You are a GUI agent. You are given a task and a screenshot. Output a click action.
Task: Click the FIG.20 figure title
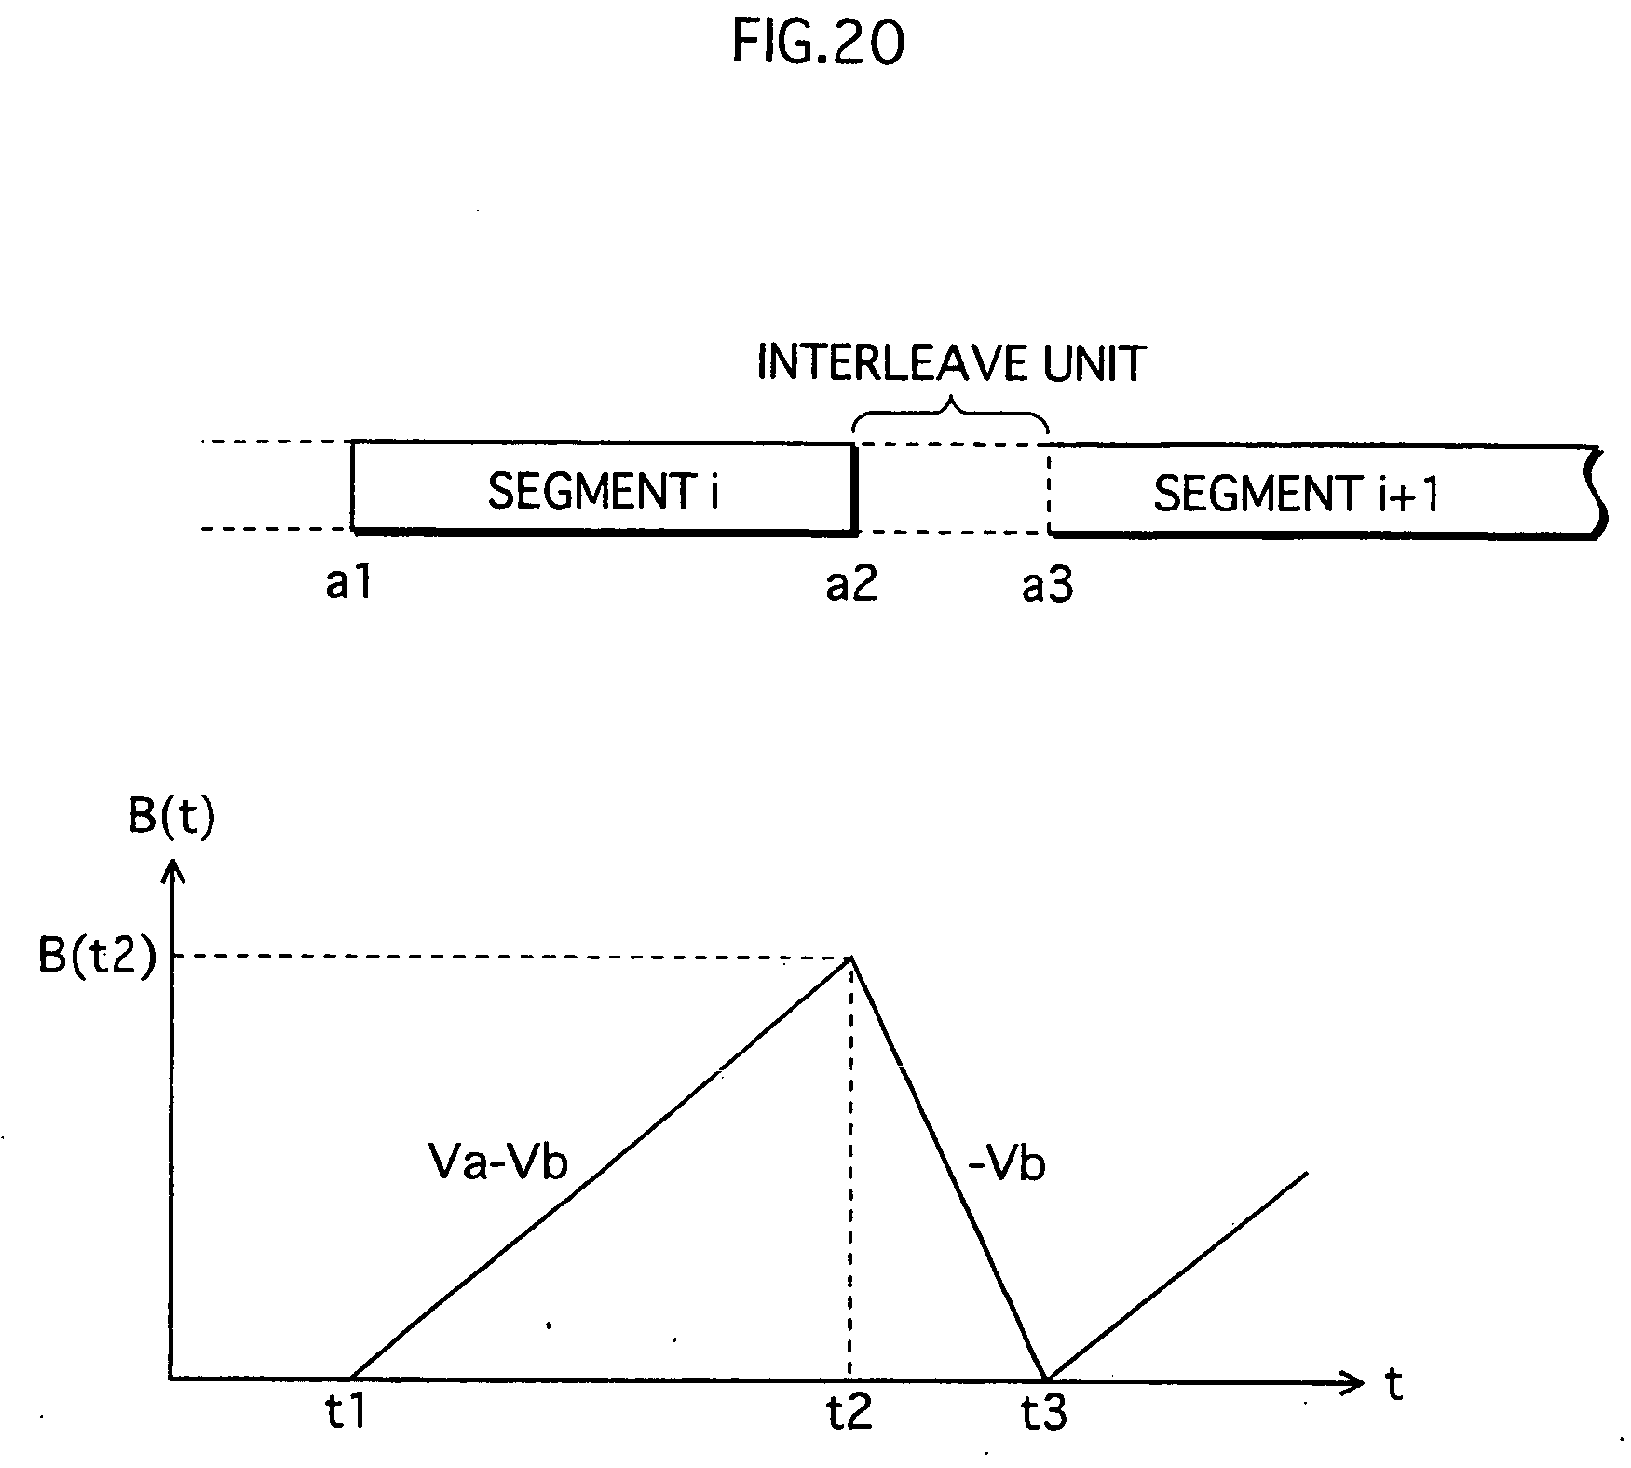pyautogui.click(x=817, y=44)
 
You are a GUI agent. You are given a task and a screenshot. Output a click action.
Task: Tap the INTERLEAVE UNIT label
pyautogui.click(x=950, y=363)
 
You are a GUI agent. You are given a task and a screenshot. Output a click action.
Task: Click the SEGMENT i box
pyautogui.click(x=603, y=489)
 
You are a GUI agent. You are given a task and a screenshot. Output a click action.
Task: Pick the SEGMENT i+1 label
pyautogui.click(x=1296, y=493)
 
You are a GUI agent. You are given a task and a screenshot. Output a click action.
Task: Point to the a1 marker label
pyautogui.click(x=348, y=584)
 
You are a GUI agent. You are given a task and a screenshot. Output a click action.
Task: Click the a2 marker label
pyautogui.click(x=851, y=584)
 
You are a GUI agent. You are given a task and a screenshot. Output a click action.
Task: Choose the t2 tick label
pyautogui.click(x=849, y=1413)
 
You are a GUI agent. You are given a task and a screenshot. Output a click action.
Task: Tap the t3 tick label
pyautogui.click(x=1043, y=1414)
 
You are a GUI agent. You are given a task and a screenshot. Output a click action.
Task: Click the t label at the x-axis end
pyautogui.click(x=1393, y=1385)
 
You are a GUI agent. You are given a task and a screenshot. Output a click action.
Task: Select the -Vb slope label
pyautogui.click(x=1007, y=1165)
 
